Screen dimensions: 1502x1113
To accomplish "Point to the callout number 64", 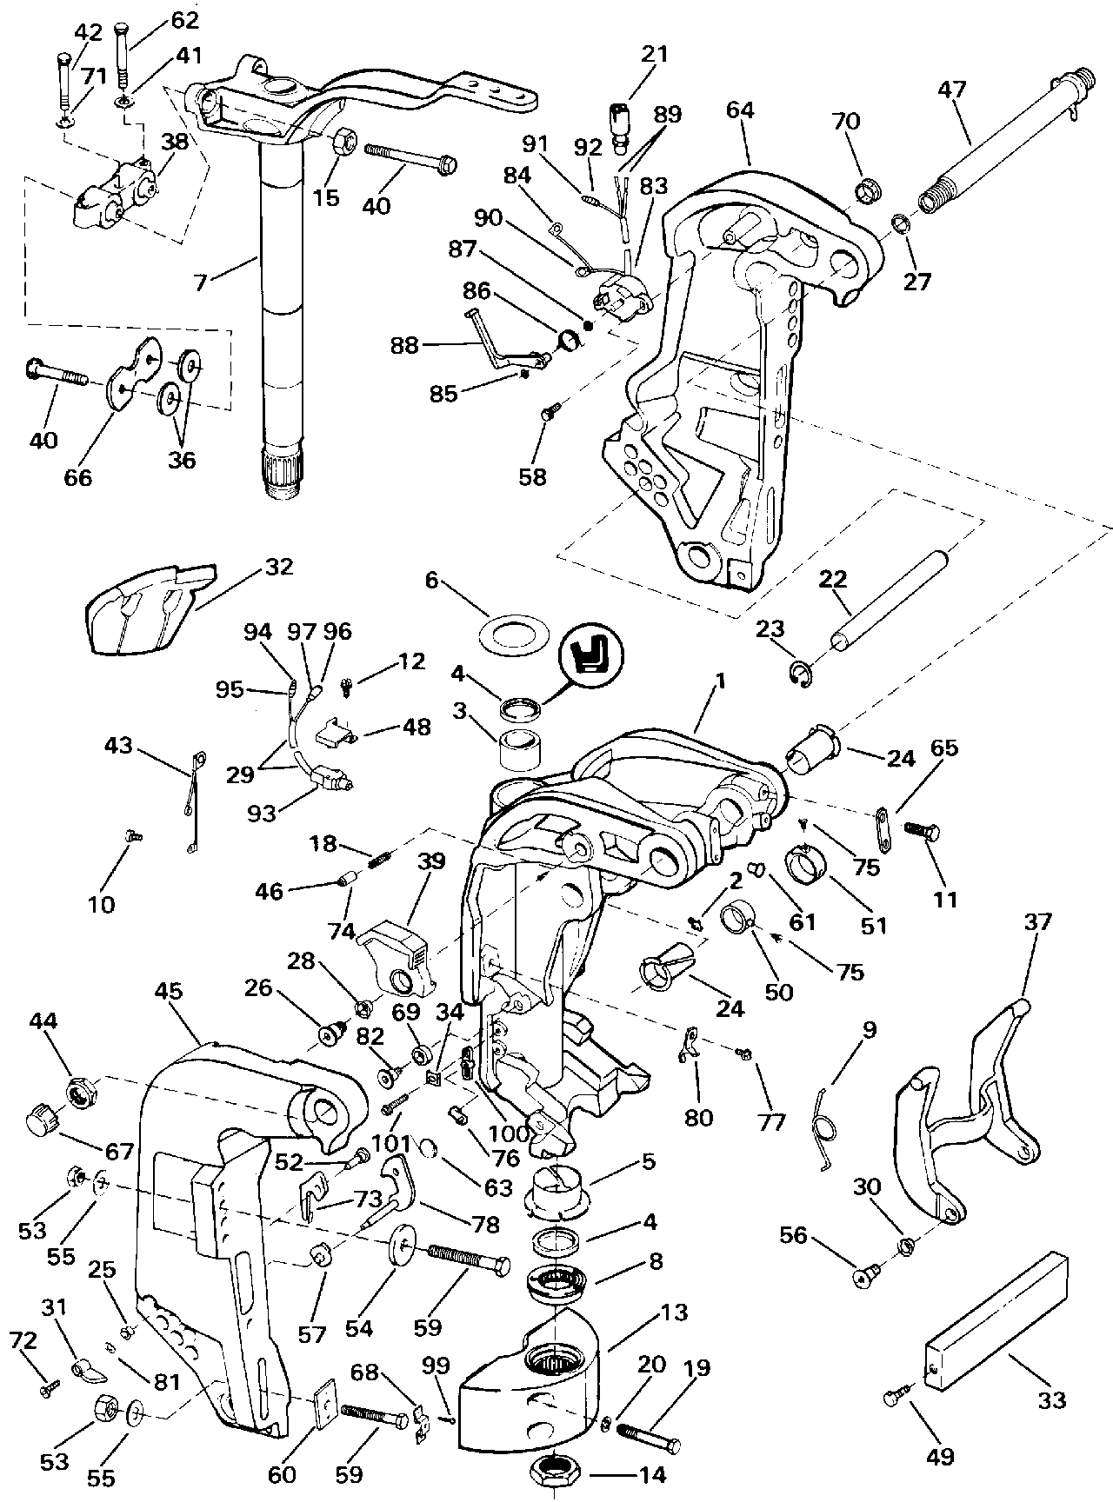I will tap(741, 110).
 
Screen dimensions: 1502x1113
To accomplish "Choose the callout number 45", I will tap(171, 991).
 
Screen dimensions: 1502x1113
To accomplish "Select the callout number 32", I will tap(279, 567).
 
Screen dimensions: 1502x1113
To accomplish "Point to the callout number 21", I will tap(655, 54).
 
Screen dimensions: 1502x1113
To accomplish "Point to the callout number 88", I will tap(405, 345).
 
